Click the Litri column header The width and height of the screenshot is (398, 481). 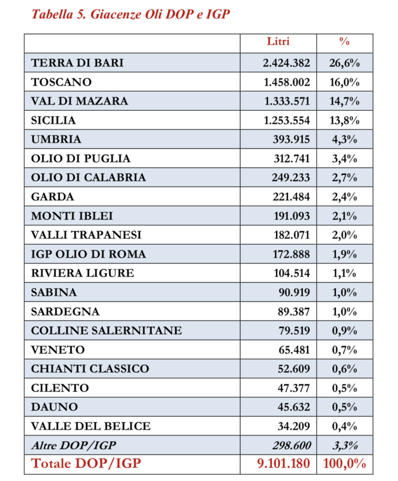tap(278, 41)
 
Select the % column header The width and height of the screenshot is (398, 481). tap(344, 41)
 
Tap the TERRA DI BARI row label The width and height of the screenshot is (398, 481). tap(77, 62)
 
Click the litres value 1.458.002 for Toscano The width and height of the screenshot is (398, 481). tap(287, 82)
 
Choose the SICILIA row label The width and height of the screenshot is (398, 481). tap(53, 120)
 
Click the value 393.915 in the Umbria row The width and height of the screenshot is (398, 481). tap(291, 139)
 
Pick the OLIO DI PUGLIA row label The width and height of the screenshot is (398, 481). tap(80, 158)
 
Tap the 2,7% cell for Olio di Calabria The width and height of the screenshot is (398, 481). tap(344, 178)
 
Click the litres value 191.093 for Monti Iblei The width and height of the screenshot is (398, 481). tap(291, 216)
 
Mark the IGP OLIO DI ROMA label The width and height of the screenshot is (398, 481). tap(88, 254)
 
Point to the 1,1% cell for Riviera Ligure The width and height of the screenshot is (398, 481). tap(344, 273)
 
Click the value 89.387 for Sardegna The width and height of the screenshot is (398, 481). tap(294, 311)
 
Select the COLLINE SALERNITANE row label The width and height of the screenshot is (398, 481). tap(106, 331)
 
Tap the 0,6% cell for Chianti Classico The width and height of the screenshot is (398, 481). tap(344, 369)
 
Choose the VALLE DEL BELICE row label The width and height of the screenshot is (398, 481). tap(91, 427)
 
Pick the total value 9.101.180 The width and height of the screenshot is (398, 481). tap(283, 464)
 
